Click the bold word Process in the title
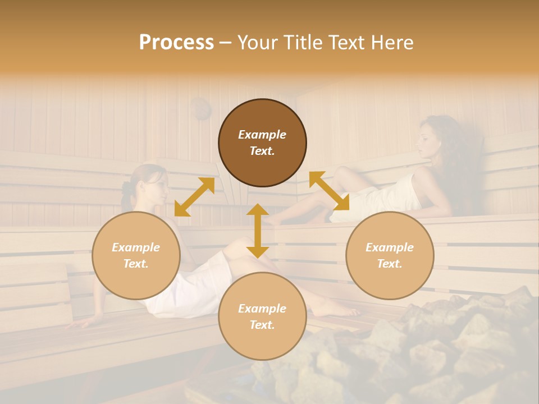[x=176, y=43]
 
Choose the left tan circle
[x=136, y=255]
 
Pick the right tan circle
[x=390, y=255]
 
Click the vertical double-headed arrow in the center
[x=258, y=231]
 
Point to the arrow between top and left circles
[x=194, y=197]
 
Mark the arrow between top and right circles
[x=329, y=191]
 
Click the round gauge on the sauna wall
[x=200, y=109]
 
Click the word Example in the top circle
[x=262, y=135]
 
